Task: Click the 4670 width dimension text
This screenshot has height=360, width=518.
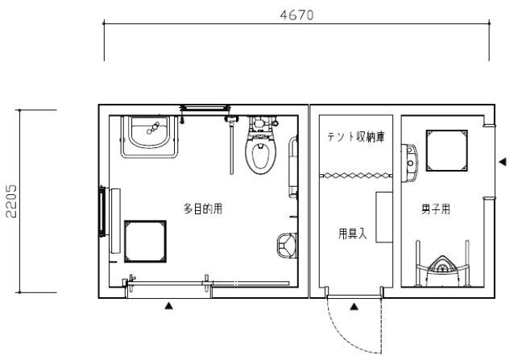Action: [296, 15]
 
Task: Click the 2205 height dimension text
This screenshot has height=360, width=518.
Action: [11, 201]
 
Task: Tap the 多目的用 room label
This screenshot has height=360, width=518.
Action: [203, 209]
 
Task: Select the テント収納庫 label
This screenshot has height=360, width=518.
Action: [356, 137]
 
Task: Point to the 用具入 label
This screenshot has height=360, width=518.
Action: [353, 234]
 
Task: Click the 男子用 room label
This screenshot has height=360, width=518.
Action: [436, 209]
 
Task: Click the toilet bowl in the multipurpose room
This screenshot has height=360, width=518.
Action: [261, 145]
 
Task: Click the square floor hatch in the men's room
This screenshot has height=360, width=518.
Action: [446, 151]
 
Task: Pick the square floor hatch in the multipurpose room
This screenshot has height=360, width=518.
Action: [145, 242]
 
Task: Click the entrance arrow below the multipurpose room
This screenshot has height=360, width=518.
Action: [169, 306]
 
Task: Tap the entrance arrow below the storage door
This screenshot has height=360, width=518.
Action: [354, 307]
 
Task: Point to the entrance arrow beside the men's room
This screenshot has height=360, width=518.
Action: [503, 162]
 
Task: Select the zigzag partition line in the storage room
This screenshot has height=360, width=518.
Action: [356, 176]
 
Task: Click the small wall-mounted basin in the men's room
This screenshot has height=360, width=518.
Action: [409, 163]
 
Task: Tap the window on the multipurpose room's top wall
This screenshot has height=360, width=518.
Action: [205, 108]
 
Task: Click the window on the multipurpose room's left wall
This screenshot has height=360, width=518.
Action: [103, 211]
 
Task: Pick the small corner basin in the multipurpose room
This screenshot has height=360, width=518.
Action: [287, 246]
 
